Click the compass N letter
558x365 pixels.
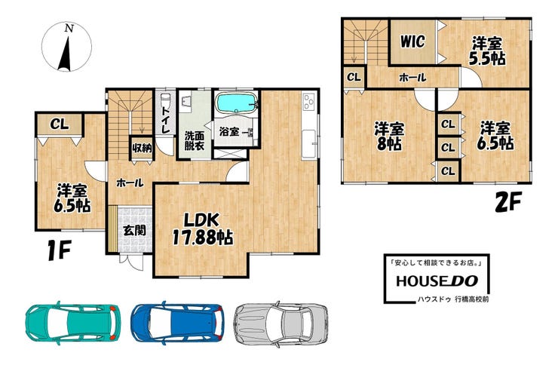[69, 29]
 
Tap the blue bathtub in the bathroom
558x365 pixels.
[236, 103]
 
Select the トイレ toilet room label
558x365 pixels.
[165, 120]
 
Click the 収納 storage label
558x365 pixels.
[143, 148]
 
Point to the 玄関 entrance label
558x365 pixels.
[134, 231]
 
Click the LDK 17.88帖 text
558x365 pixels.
[203, 229]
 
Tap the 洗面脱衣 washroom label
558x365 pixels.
[195, 140]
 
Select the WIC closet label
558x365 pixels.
[412, 41]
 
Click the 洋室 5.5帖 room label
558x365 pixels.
[487, 51]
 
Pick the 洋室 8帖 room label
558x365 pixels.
[388, 136]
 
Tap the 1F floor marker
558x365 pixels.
[60, 250]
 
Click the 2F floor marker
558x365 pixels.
[508, 201]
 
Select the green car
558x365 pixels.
[72, 322]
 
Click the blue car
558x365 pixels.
[177, 322]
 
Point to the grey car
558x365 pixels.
[281, 323]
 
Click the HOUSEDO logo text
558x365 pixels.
[437, 281]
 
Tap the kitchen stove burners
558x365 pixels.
[309, 102]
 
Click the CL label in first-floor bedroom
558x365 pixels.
[59, 124]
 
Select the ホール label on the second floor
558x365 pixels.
[412, 77]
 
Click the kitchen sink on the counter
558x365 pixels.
[308, 145]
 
